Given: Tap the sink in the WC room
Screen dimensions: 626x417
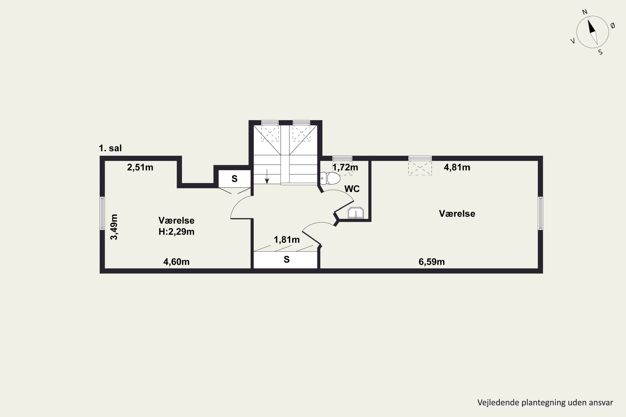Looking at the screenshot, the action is coord(356,213).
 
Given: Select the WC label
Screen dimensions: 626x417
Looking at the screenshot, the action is coord(352,189).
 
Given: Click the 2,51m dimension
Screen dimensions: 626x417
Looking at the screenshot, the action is coord(140,167).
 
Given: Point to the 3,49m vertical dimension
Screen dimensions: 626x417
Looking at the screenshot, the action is coord(114,227).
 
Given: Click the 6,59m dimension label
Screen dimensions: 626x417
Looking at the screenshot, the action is coord(432,262).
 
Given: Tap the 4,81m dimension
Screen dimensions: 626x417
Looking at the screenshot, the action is coord(457,167).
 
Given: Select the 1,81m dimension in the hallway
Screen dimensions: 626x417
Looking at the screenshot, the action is coord(287,240).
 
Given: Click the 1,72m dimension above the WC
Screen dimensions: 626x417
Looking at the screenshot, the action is coord(345,167).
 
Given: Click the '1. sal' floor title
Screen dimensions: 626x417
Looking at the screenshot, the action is coord(110,148).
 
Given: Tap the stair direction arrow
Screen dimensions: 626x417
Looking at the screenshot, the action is coord(267,176).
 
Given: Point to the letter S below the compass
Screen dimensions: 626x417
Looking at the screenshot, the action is coord(601,52).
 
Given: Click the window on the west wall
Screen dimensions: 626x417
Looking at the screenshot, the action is coord(102,213).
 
